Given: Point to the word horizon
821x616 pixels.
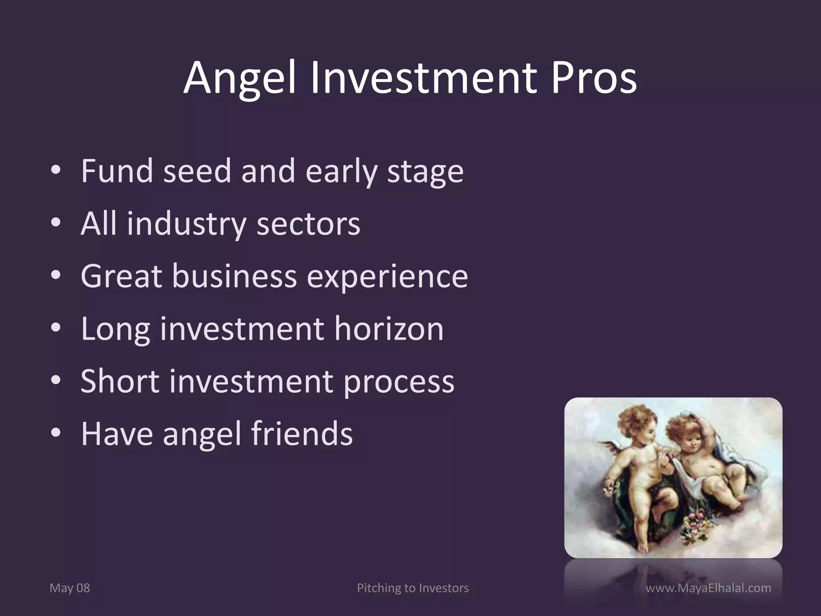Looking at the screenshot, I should (389, 329).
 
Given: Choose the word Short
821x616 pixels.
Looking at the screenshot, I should (120, 381).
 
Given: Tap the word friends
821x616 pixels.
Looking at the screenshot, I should (302, 434).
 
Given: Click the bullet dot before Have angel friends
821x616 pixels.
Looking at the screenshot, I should (56, 433).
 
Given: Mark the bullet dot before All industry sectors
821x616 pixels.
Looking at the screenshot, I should (56, 223).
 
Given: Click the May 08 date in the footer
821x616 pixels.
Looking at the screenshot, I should (70, 588).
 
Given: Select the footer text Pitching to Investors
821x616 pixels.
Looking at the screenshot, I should (413, 588).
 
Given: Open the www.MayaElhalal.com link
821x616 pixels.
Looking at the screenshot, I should (708, 588).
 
